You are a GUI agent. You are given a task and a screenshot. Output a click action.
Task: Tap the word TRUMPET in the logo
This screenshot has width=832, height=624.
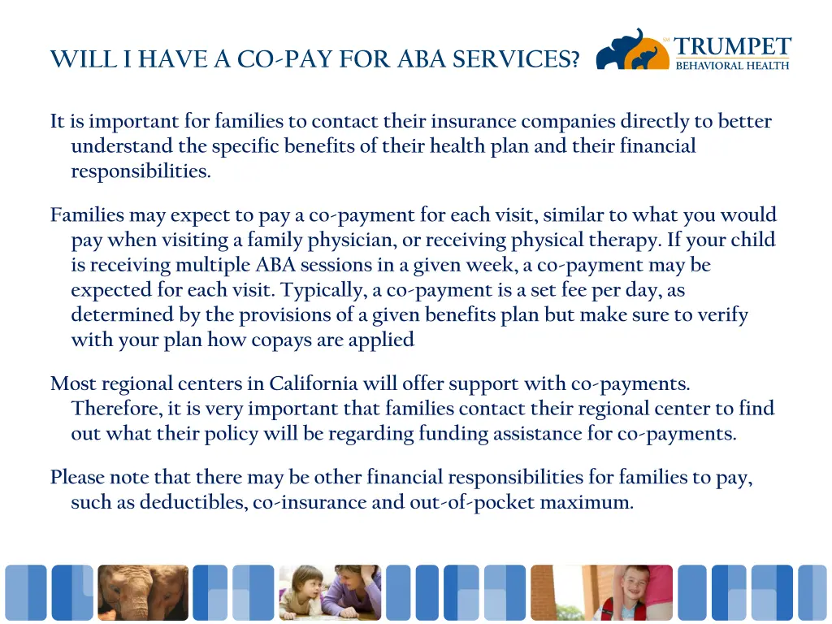click(x=732, y=46)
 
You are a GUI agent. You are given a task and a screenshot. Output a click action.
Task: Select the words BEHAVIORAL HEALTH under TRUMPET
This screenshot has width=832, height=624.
click(x=732, y=65)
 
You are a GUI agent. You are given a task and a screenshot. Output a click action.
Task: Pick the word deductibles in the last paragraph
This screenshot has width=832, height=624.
click(x=193, y=502)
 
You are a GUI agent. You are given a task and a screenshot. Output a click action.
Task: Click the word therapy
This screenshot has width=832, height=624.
click(x=626, y=240)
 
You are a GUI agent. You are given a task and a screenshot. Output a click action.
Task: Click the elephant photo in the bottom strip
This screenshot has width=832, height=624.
click(x=142, y=593)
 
